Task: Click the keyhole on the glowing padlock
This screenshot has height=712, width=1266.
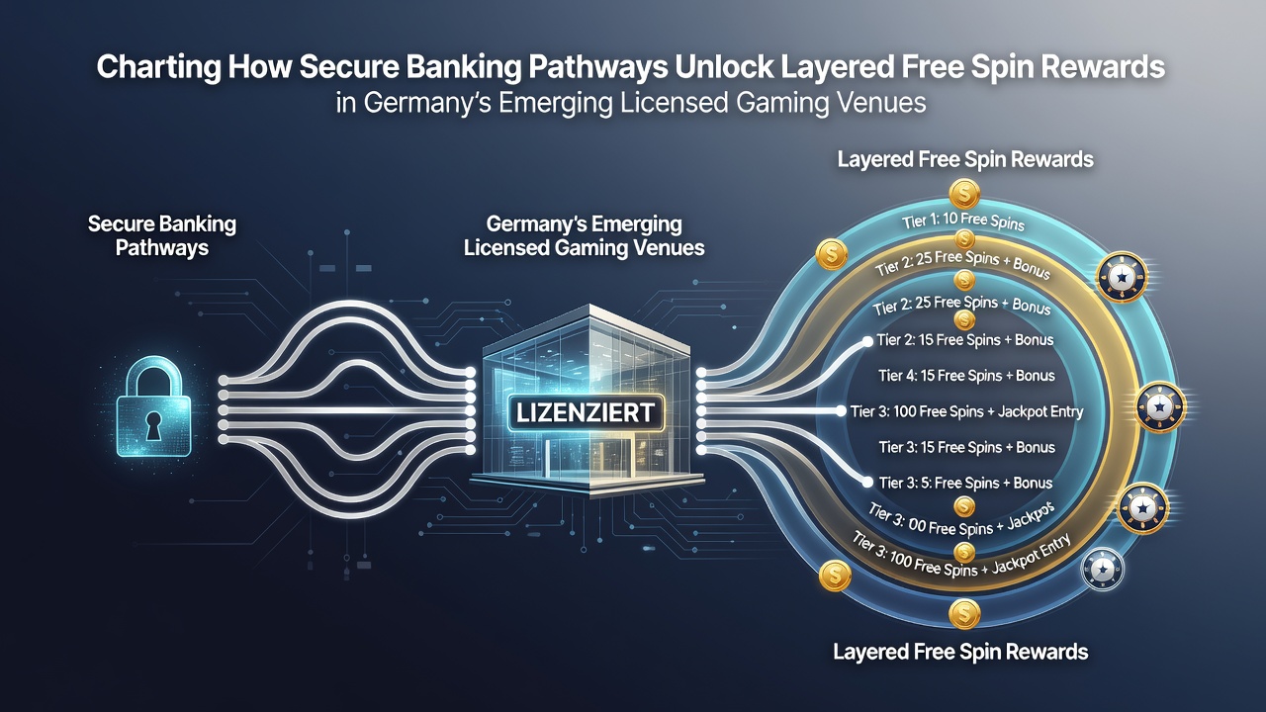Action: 152,425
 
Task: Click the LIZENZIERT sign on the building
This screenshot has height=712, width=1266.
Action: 586,413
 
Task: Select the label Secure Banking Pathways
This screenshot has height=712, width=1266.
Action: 162,235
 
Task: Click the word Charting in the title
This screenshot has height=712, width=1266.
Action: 158,67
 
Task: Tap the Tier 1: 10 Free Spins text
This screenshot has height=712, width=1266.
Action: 963,221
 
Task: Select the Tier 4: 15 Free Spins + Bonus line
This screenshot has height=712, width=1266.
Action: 966,376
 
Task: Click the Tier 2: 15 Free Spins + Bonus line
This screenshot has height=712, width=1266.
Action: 965,340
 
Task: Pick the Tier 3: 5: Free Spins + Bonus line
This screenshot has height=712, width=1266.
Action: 966,484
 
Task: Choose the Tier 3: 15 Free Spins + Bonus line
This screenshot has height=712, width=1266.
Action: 967,448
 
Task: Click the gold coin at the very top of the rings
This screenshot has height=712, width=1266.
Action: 964,195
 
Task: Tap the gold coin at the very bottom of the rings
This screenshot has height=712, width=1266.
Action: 964,614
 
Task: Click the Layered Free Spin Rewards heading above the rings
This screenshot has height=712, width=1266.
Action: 965,159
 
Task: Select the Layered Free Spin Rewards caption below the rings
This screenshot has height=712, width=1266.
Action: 960,652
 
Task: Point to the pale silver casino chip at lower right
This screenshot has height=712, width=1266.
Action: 1102,570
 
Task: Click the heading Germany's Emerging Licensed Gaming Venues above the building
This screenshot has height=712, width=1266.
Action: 585,235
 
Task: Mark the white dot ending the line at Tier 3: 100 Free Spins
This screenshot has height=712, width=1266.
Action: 841,411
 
